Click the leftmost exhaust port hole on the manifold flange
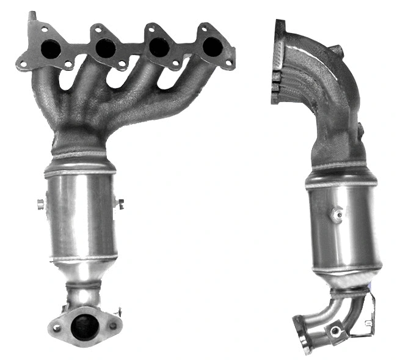click(51, 49)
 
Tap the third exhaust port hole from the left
click(159, 47)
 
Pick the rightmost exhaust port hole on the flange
click(212, 45)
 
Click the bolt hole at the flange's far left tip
click(23, 62)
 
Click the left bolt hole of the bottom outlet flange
click(57, 328)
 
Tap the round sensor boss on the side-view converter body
click(335, 215)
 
